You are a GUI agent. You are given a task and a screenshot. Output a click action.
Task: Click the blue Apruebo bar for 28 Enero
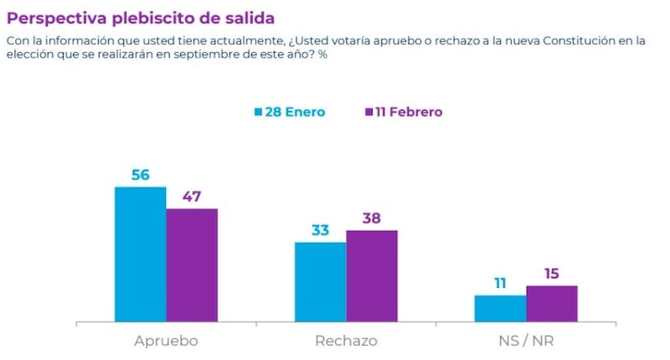(x=140, y=254)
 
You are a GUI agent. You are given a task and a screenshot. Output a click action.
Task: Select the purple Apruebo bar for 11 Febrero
(x=192, y=265)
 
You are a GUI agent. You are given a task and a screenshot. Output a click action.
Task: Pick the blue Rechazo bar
(x=320, y=281)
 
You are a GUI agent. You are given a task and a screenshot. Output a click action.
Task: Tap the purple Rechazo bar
(x=372, y=275)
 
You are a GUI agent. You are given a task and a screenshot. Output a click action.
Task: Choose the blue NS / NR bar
(x=500, y=307)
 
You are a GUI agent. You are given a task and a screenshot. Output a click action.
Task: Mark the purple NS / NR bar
(x=552, y=303)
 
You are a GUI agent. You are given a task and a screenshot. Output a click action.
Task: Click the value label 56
(x=140, y=175)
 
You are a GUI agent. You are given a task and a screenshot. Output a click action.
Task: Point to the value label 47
(x=192, y=197)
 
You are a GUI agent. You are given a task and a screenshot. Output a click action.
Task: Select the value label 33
(x=320, y=230)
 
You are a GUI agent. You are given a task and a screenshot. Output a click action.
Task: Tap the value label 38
(x=372, y=219)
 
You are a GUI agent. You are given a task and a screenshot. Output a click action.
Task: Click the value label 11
(x=500, y=283)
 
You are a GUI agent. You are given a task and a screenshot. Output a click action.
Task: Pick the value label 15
(x=552, y=274)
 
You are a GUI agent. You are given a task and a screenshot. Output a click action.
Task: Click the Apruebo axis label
(x=166, y=341)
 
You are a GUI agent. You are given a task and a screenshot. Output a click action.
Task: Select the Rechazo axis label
(x=346, y=341)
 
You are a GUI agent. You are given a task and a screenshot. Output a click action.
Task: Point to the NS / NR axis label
(x=526, y=341)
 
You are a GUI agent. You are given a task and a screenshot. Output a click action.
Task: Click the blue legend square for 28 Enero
(x=259, y=112)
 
